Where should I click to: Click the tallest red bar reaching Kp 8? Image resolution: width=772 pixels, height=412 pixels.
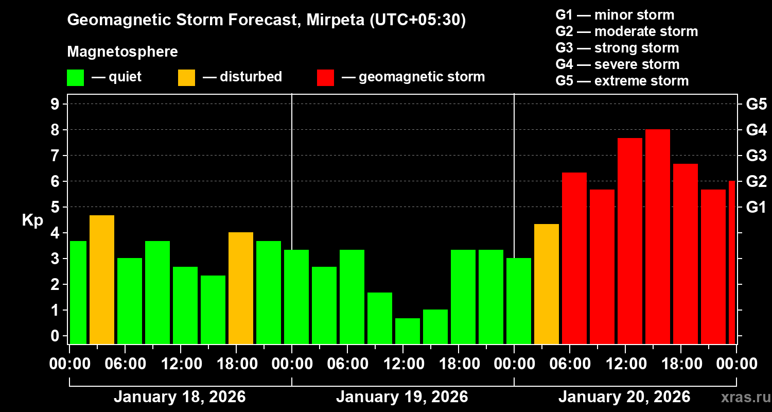click(x=658, y=237)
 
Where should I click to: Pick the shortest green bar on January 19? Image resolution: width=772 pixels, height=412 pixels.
click(x=408, y=331)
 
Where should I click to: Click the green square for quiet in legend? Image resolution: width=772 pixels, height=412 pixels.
click(x=75, y=77)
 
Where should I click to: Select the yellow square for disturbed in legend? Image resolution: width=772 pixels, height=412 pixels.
click(x=186, y=77)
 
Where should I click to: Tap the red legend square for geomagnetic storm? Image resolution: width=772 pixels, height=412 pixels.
click(x=325, y=77)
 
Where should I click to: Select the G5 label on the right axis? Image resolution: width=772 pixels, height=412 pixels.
click(x=756, y=105)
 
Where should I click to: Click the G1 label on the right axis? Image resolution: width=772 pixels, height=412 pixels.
click(x=756, y=208)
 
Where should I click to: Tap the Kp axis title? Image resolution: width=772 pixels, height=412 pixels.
click(x=32, y=220)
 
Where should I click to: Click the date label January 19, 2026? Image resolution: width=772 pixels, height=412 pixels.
click(x=402, y=397)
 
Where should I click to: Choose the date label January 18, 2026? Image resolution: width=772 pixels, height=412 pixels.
click(x=180, y=397)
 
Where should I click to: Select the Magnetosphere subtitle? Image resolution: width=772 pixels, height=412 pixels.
click(x=122, y=52)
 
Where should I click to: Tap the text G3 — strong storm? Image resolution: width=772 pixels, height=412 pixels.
click(x=617, y=48)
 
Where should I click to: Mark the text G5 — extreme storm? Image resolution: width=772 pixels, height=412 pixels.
click(x=622, y=81)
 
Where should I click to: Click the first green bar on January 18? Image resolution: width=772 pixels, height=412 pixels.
click(x=78, y=293)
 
